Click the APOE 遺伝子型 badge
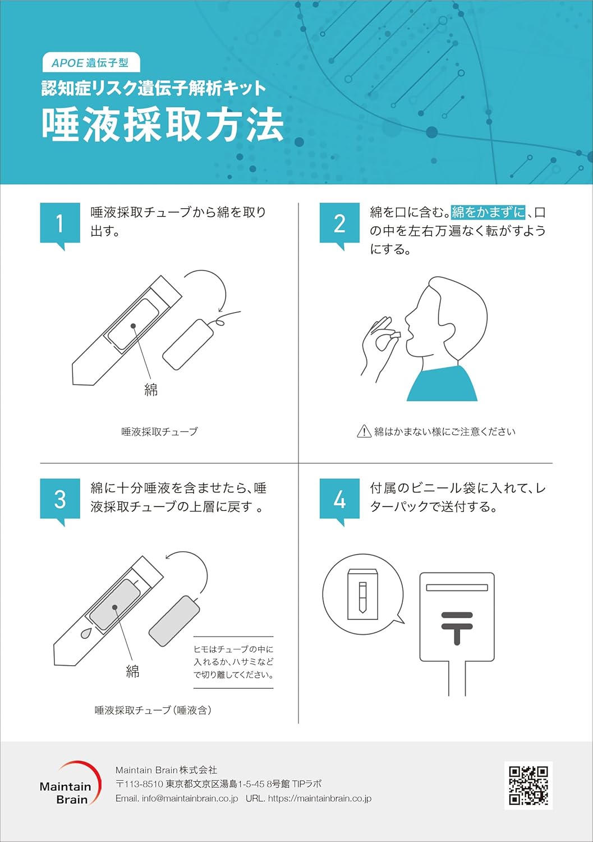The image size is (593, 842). [90, 63]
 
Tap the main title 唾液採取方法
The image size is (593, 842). [163, 125]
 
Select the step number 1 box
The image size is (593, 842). [59, 223]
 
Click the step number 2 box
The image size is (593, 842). [339, 223]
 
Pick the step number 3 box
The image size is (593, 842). [59, 499]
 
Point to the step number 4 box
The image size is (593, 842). [339, 499]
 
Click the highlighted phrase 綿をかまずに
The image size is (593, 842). [488, 212]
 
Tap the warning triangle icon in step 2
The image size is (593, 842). [364, 431]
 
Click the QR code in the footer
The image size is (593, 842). [528, 785]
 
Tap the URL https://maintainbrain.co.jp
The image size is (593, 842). [319, 798]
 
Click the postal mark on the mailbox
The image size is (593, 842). [457, 626]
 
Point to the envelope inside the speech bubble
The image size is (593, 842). [362, 594]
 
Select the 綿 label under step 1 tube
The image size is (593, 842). [151, 390]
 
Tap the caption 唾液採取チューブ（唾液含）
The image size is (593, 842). [153, 710]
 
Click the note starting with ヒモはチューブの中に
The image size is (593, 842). [233, 662]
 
